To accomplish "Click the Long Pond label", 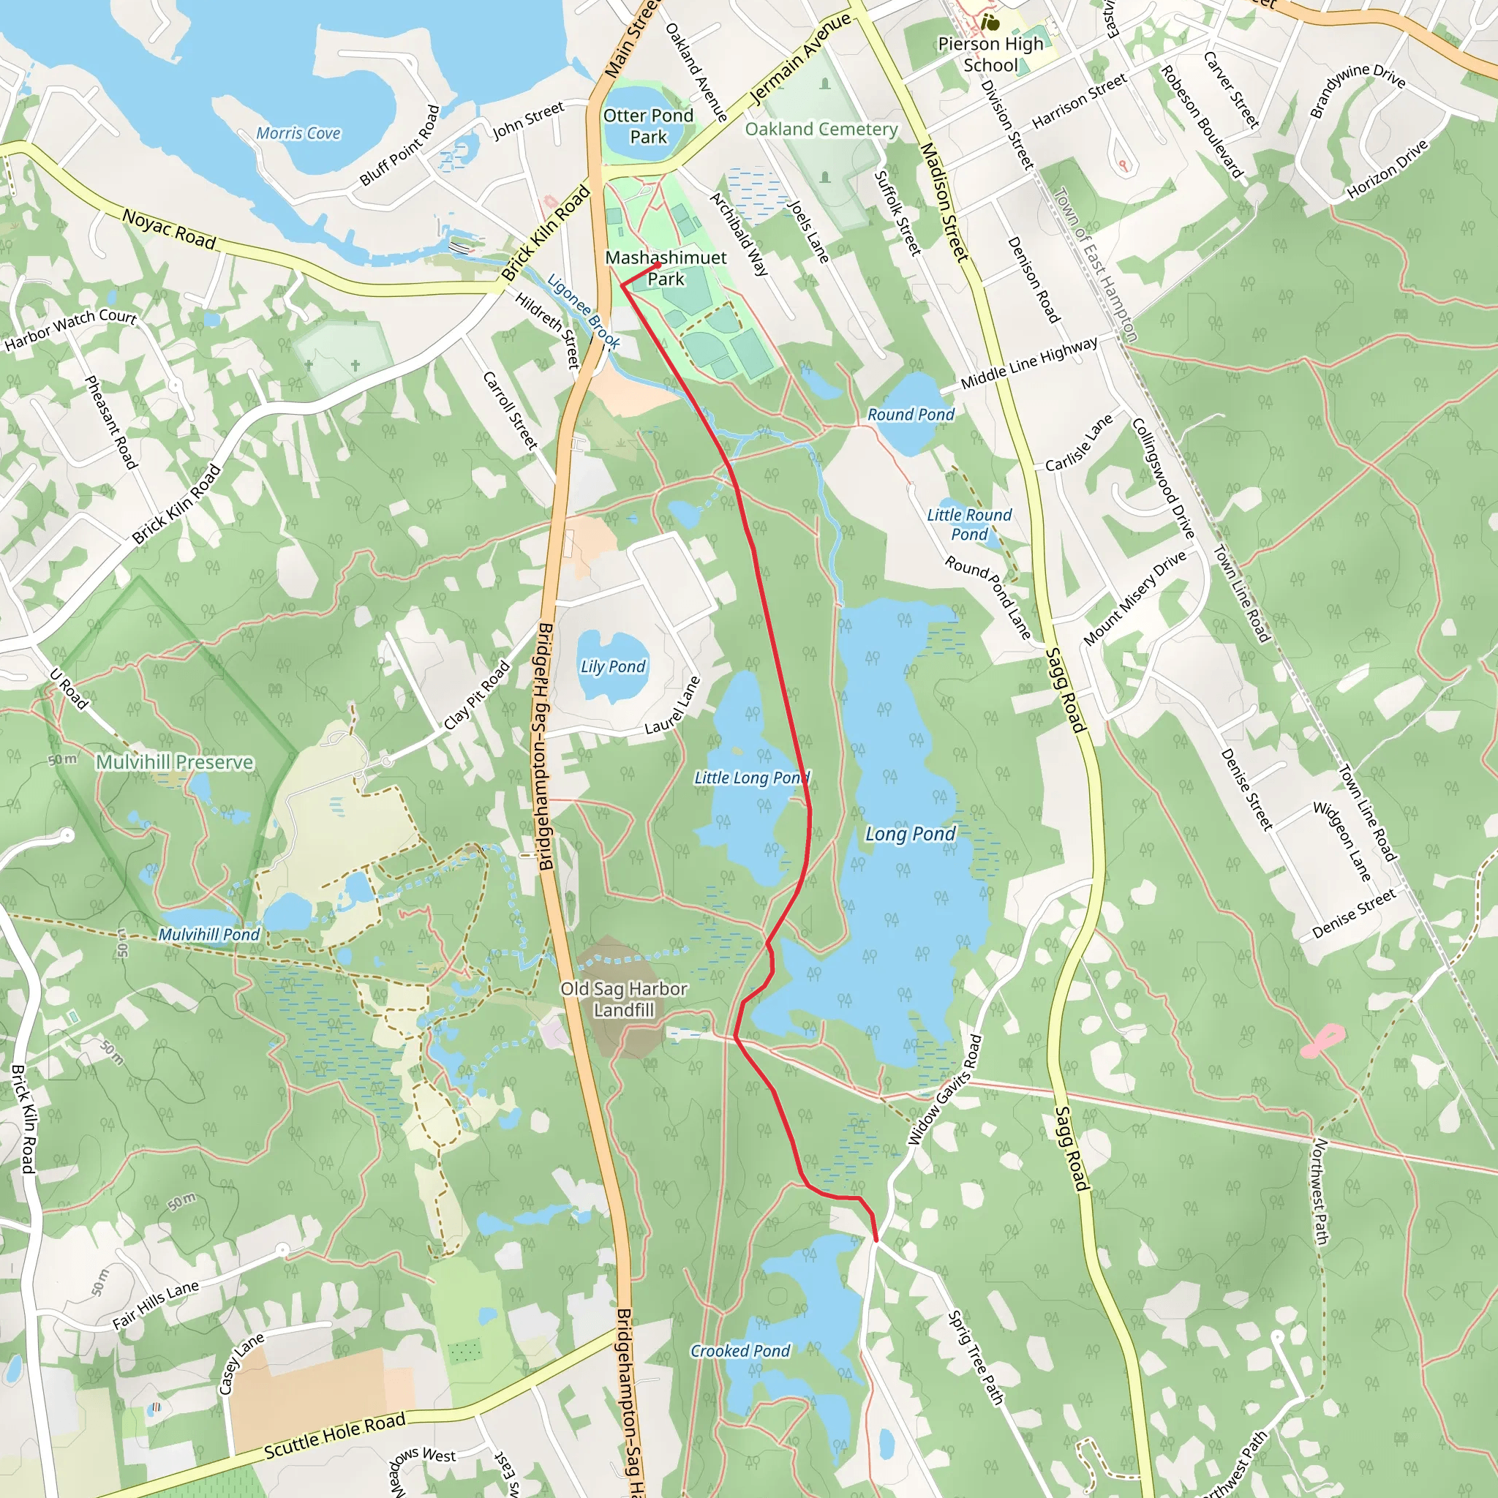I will pos(910,835).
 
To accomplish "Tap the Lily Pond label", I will pos(612,667).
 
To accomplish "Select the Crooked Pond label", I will pos(740,1351).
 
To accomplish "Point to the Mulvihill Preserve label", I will pos(175,762).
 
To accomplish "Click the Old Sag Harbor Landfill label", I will pos(624,999).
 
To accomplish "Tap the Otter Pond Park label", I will pos(648,127).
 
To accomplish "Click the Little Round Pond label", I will pos(969,524).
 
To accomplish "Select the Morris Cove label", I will pos(298,133).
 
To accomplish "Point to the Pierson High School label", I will pos(990,54).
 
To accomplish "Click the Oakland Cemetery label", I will pos(821,129).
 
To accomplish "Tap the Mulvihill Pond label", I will pos(208,934).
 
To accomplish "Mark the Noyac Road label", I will pos(169,230).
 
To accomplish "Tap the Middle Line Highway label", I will pos(1029,363).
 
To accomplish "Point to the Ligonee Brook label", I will pos(583,311).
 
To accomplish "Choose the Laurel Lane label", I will pos(673,706).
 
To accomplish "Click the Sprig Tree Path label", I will pos(976,1357).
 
